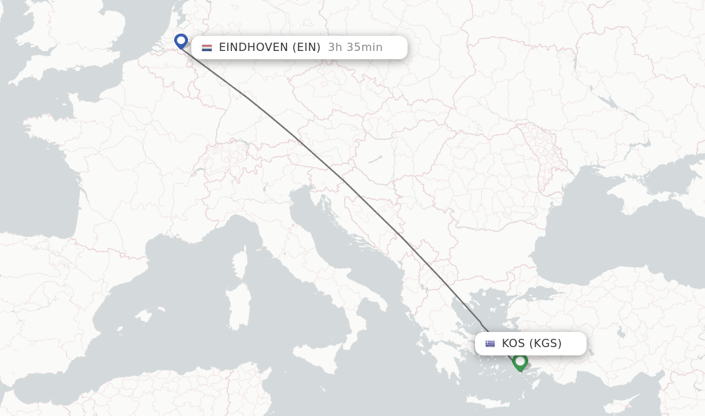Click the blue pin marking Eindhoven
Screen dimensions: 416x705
point(181,41)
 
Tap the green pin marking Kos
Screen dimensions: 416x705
point(520,361)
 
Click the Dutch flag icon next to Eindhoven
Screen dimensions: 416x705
point(207,48)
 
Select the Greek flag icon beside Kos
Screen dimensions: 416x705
point(490,344)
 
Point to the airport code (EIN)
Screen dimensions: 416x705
point(306,48)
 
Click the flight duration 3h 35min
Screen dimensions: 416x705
point(355,48)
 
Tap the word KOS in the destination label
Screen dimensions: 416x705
point(514,344)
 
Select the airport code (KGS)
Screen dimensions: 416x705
point(545,344)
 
